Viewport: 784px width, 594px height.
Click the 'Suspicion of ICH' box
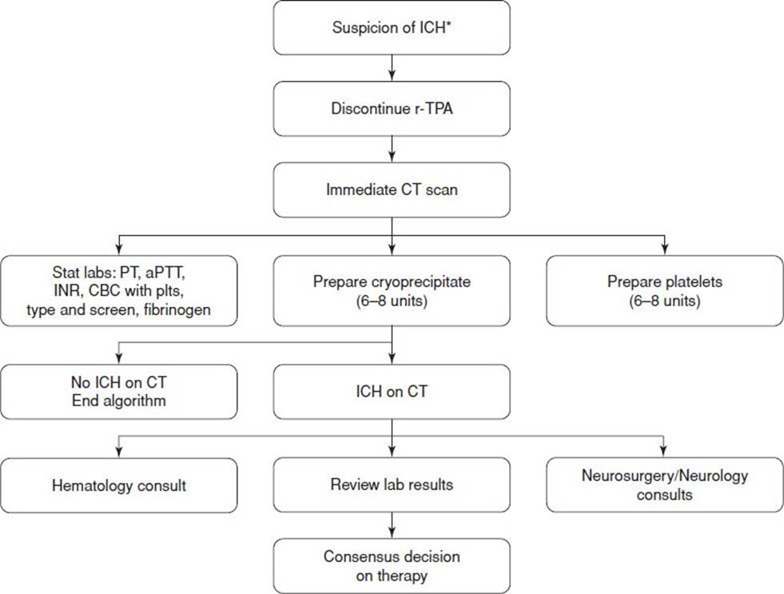tap(392, 27)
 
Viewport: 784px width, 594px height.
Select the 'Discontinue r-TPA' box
tap(392, 109)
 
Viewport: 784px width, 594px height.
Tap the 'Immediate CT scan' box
tap(392, 189)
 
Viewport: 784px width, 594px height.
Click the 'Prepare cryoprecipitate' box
tap(392, 291)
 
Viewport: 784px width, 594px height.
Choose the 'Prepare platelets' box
tap(664, 291)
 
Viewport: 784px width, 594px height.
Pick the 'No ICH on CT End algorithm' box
tap(119, 392)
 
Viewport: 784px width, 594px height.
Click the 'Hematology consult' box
tap(119, 485)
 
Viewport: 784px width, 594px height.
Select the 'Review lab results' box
tap(392, 484)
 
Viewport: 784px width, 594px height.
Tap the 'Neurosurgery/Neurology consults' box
tap(664, 484)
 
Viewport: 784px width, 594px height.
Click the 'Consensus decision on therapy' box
tap(392, 566)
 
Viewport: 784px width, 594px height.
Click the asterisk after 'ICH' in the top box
tap(448, 23)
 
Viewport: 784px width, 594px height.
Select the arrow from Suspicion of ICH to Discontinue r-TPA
tap(392, 68)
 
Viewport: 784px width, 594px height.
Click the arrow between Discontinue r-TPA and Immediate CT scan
tap(392, 149)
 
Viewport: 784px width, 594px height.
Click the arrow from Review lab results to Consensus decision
tap(392, 525)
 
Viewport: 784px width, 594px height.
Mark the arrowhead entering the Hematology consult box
tap(119, 452)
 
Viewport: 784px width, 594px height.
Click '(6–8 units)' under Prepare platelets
tap(664, 301)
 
